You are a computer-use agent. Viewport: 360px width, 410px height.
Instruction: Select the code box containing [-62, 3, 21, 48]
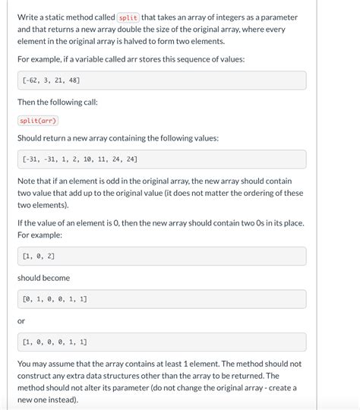[x=162, y=80]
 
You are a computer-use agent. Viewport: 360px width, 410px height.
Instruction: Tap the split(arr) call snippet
[x=38, y=121]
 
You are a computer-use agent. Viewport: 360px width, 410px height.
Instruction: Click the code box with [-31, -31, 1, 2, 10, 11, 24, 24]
[x=162, y=159]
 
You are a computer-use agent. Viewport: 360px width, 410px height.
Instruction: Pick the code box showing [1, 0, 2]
[x=162, y=257]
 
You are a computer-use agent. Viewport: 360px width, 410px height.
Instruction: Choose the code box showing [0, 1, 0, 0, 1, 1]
[x=162, y=299]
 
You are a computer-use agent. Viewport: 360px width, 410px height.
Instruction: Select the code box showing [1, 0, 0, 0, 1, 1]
[x=162, y=342]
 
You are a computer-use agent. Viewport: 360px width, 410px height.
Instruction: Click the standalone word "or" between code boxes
[x=21, y=320]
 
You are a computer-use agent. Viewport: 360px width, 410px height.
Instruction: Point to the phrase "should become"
[x=43, y=278]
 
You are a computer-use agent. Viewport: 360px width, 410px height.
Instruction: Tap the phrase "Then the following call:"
[x=58, y=102]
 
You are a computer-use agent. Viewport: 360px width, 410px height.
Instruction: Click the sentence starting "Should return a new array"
[x=118, y=138]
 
